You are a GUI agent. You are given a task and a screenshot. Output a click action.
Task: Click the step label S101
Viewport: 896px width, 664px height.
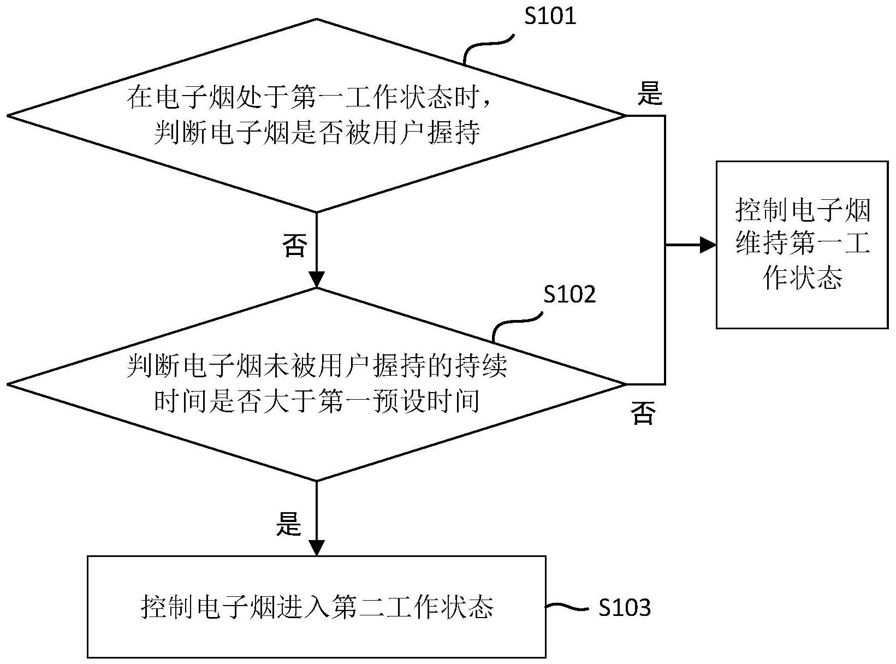(x=550, y=16)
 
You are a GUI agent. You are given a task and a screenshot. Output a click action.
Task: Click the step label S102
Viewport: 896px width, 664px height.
(x=569, y=295)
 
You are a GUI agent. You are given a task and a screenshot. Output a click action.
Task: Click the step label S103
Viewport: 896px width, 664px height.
(x=625, y=608)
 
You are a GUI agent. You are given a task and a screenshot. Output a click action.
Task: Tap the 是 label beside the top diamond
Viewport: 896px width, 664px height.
(x=650, y=94)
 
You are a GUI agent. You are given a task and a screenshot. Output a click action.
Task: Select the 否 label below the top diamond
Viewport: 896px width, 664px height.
(x=295, y=245)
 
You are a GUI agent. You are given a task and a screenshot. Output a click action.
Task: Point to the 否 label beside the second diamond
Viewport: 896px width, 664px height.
(x=642, y=413)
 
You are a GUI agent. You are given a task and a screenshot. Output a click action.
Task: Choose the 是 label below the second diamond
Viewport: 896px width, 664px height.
(x=288, y=525)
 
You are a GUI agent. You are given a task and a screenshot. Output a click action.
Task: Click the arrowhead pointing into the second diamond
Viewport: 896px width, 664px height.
(x=317, y=279)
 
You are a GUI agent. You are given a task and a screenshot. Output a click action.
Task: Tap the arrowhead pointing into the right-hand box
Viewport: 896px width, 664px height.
(x=708, y=245)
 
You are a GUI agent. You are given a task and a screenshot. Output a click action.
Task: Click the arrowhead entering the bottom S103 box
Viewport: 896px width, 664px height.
(x=317, y=548)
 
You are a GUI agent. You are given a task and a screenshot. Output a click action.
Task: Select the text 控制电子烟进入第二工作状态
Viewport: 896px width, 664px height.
(x=317, y=607)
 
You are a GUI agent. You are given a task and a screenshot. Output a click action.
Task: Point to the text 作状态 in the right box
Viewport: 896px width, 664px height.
(x=802, y=278)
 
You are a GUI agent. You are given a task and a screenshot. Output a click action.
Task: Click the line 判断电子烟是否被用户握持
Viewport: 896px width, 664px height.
(x=317, y=133)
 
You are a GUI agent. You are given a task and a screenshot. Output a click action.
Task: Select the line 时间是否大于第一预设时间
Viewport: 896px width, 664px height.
(x=317, y=401)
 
